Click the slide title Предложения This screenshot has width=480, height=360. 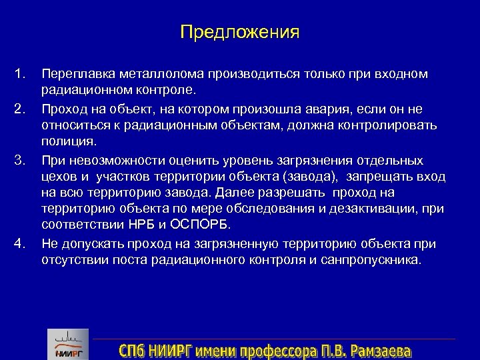[x=240, y=32]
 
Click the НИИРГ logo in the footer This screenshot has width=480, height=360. [x=67, y=345]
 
